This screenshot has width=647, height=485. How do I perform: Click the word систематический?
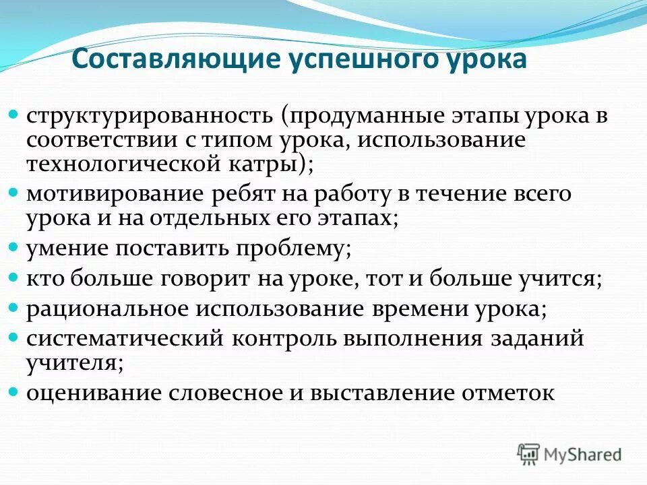[125, 338]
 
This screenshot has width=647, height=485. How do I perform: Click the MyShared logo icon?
[529, 454]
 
